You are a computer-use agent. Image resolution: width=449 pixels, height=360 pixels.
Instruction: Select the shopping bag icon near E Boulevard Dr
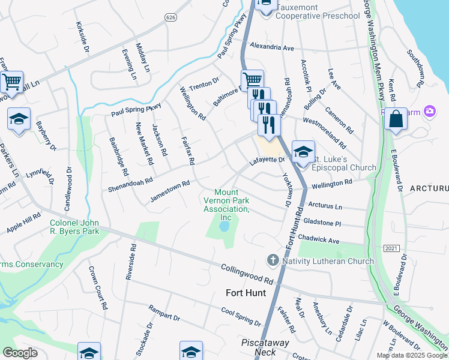(x=396, y=119)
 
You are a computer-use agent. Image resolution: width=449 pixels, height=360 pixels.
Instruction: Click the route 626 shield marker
(x=171, y=19)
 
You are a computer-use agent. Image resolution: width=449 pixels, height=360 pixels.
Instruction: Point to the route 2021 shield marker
(x=391, y=248)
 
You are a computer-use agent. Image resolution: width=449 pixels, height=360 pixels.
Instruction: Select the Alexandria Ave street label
(x=272, y=46)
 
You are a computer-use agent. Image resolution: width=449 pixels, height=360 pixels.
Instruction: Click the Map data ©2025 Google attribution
(x=412, y=355)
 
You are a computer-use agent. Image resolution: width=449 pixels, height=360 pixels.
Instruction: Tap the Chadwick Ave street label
(x=319, y=239)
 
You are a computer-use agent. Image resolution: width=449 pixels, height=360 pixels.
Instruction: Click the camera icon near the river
(x=429, y=111)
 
